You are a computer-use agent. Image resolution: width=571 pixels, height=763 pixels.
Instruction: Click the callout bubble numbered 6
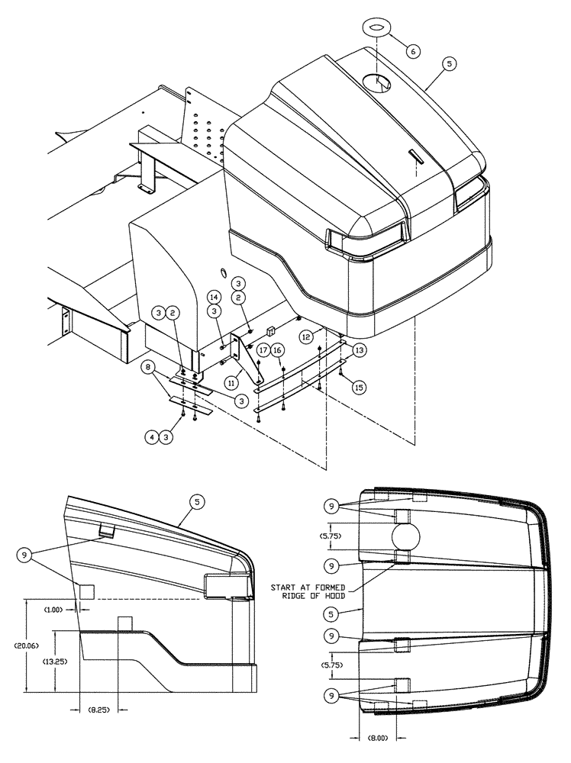(413, 51)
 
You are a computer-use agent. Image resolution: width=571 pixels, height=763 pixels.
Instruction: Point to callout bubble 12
(305, 334)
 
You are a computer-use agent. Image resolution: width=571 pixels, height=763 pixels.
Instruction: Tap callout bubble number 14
(213, 296)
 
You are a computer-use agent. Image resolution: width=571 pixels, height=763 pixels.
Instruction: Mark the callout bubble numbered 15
(358, 388)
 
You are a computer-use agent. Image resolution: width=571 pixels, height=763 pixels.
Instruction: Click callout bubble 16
(278, 349)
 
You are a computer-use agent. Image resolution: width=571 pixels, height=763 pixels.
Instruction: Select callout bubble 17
(262, 349)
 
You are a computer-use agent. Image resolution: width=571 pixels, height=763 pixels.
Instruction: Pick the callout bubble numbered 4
(151, 437)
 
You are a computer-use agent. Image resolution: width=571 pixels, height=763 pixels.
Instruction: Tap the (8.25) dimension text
(98, 710)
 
